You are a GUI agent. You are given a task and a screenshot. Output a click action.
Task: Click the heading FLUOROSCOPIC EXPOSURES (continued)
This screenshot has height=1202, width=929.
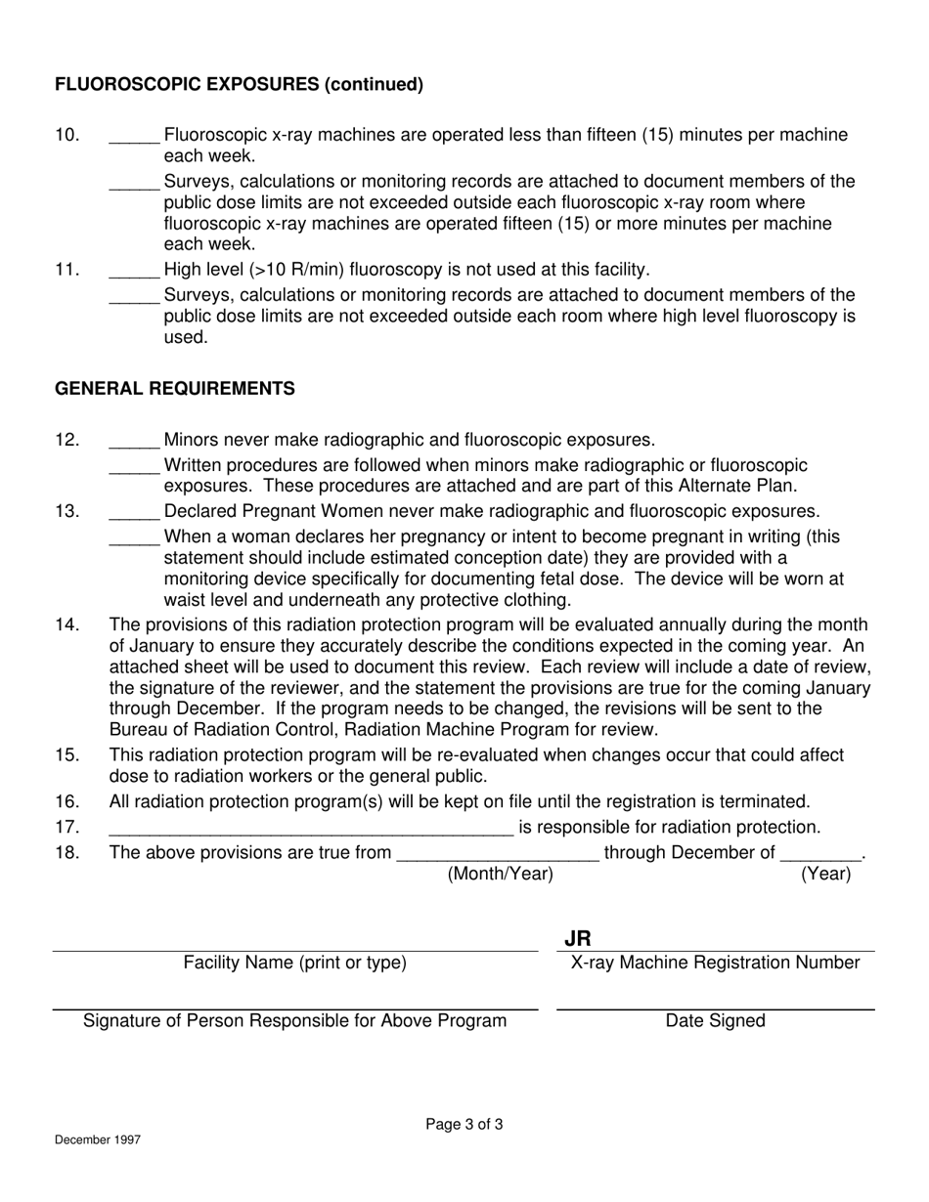239,84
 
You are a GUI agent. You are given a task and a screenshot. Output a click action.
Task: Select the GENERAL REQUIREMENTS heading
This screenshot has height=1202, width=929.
174,389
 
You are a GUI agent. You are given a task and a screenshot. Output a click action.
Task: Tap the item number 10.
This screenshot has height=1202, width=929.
66,135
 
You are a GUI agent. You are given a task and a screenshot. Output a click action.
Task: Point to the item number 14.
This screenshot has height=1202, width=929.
66,624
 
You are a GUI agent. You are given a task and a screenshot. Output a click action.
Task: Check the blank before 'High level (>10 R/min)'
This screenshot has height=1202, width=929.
134,271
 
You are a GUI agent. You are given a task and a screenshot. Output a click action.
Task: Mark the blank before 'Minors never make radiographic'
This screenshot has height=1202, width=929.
134,442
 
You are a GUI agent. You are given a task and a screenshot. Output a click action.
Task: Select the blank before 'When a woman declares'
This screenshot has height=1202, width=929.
134,538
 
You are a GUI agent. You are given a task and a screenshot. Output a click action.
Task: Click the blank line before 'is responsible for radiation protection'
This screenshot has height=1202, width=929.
311,829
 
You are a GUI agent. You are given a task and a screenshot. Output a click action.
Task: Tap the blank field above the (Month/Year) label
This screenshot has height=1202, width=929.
498,854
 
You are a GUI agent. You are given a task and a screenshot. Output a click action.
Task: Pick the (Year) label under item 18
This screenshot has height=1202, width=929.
825,875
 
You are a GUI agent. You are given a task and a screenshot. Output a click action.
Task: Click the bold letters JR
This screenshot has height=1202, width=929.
577,939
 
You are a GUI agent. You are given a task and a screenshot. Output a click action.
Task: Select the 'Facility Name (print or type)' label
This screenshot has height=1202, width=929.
295,963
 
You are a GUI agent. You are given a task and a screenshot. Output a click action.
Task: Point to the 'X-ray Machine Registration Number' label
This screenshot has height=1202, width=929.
715,963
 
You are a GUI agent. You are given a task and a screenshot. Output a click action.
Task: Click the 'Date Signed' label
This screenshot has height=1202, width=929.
715,1021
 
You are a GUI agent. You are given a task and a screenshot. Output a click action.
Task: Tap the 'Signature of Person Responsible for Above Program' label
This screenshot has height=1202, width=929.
295,1021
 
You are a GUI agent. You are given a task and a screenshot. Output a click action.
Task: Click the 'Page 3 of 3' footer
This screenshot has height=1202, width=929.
464,1125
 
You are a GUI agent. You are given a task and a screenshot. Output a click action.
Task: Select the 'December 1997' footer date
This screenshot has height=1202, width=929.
97,1139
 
